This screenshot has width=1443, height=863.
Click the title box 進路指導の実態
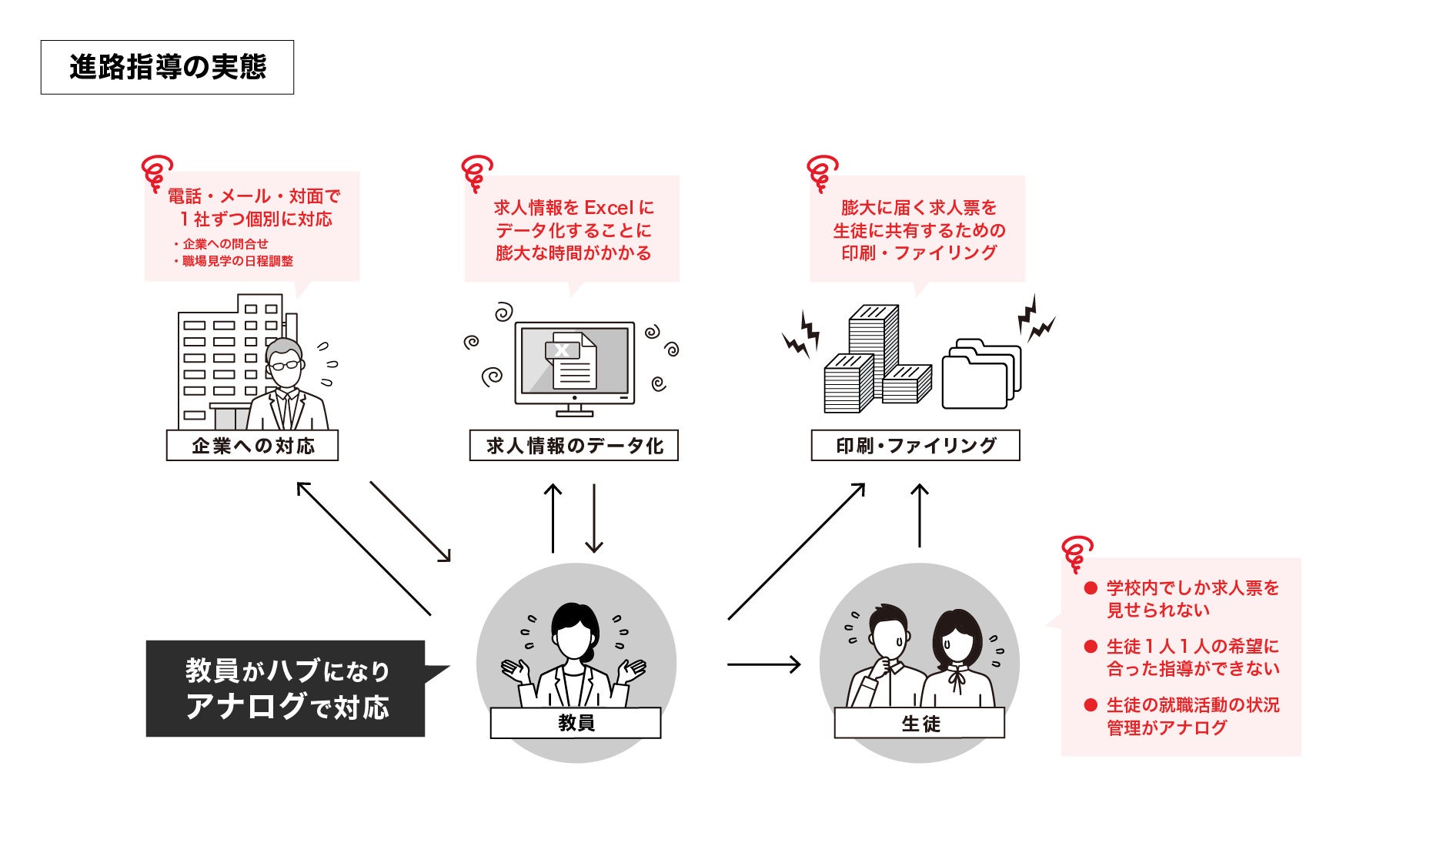coord(167,68)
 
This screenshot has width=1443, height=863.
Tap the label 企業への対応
coord(252,446)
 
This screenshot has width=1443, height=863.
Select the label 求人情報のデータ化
coord(573,446)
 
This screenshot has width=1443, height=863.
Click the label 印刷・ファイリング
coord(915,446)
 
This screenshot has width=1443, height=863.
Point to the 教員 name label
coord(576,723)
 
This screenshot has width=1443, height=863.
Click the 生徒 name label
coord(920,723)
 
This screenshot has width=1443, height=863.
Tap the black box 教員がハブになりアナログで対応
coord(286,688)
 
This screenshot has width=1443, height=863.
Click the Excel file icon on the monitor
coord(570,360)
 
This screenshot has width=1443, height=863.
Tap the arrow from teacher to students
coord(763,664)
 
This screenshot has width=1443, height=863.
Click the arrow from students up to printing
coord(919,516)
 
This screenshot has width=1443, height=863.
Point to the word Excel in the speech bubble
coord(609,208)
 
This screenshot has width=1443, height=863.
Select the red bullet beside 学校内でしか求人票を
coord(1090,588)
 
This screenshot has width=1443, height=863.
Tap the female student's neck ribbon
coord(957,677)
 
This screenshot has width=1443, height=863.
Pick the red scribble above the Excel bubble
coord(477,172)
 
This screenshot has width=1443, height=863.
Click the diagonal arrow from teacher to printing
coord(796,552)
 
